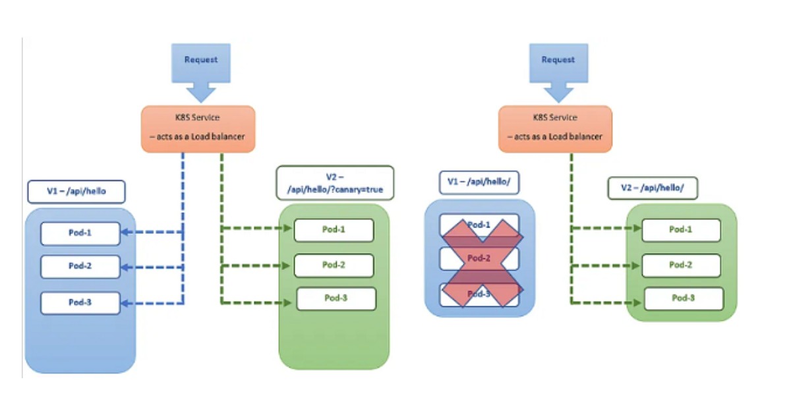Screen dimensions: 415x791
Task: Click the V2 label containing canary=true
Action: point(335,183)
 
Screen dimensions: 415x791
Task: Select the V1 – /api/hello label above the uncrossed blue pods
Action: point(76,191)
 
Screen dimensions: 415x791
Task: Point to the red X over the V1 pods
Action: point(480,262)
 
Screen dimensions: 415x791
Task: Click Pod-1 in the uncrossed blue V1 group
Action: point(80,233)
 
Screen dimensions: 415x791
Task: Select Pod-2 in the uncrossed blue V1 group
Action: point(80,267)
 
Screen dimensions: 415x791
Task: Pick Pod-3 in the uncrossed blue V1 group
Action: point(80,302)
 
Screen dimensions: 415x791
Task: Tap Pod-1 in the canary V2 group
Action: point(334,230)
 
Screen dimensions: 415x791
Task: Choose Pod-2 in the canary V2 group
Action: point(334,265)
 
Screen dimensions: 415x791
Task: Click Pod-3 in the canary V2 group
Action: point(336,298)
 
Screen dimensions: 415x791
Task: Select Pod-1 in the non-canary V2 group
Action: point(681,230)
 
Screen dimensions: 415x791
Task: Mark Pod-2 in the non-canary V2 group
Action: point(681,265)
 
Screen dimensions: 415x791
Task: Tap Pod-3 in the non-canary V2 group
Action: point(684,298)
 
